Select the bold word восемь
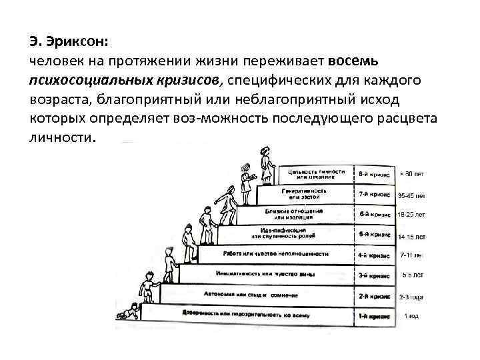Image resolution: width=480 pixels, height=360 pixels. (x=353, y=61)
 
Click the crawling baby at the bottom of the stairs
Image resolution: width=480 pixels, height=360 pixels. (x=129, y=311)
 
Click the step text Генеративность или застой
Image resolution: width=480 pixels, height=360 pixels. (x=306, y=194)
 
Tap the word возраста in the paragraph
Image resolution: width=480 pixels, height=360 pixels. (x=58, y=100)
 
